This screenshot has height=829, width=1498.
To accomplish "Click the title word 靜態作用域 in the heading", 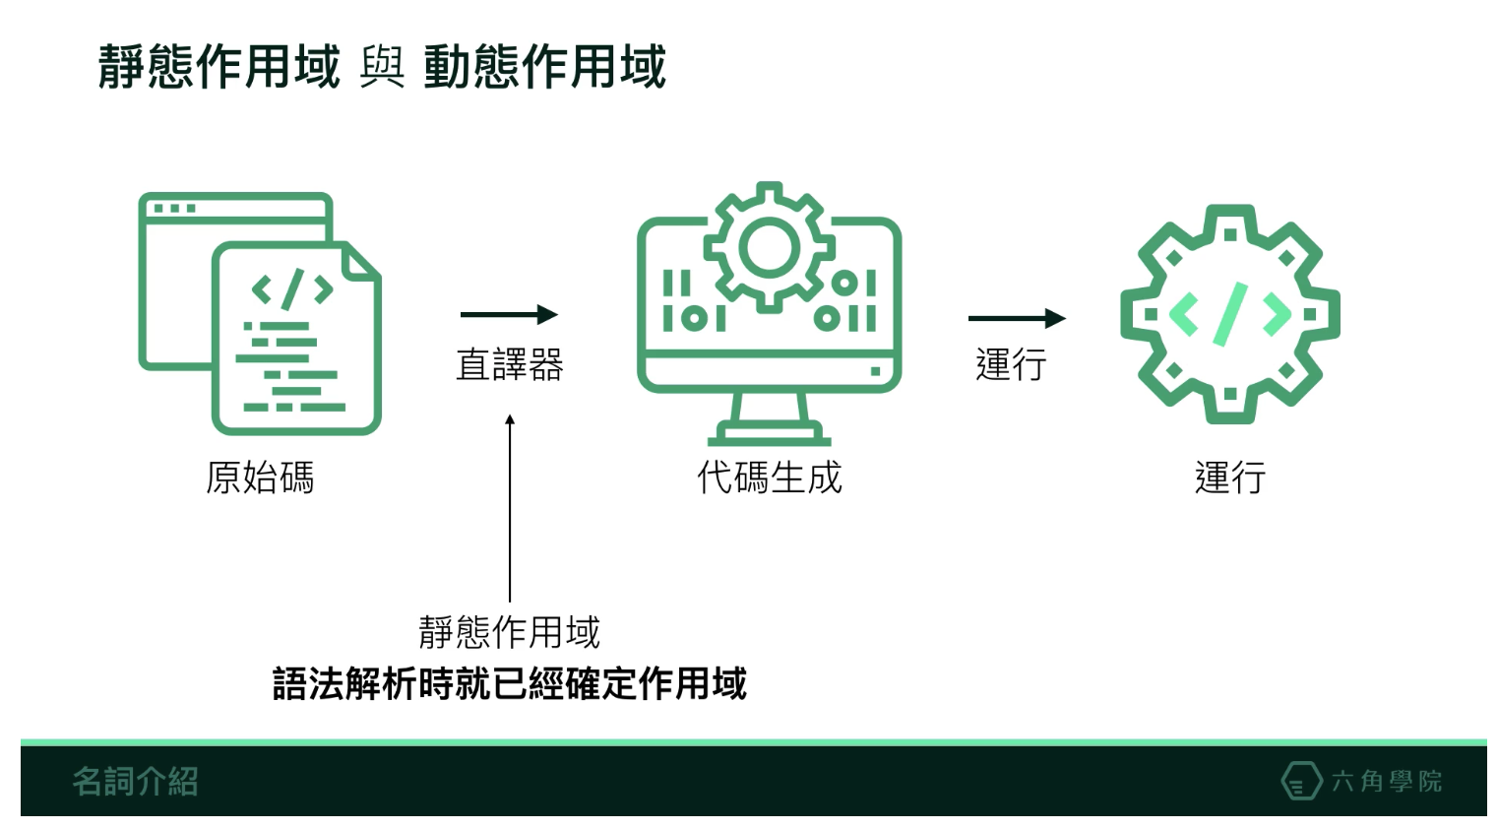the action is [218, 66].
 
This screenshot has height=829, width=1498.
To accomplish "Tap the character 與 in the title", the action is [382, 67].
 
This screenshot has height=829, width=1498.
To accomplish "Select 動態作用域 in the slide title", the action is [545, 66].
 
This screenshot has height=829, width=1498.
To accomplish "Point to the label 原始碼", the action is [260, 478].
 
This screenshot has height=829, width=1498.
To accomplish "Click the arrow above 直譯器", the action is [509, 314].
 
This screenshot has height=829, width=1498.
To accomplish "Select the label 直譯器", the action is [510, 364].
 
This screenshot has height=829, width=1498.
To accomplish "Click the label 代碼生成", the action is [769, 478].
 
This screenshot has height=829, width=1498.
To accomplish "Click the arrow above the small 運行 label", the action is [1017, 318].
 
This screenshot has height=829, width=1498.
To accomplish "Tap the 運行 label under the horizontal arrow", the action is [1011, 364].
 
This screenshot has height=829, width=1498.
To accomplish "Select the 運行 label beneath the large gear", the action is [1230, 478].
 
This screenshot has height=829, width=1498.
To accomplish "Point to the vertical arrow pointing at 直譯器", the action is [510, 508].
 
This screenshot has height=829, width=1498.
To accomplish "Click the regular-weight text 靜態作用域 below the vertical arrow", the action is [510, 632].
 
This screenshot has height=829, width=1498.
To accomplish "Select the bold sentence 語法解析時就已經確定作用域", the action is [510, 684].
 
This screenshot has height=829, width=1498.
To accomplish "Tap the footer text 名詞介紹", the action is [136, 782].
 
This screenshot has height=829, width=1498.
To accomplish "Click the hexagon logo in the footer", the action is [1301, 780].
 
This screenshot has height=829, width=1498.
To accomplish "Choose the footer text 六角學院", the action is [1387, 781].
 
